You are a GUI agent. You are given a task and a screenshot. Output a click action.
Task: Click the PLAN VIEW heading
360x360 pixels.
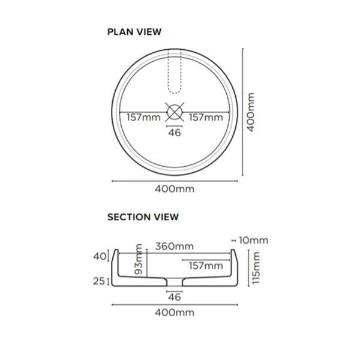tap(134, 32)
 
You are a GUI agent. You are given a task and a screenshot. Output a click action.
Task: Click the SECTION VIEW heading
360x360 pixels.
tap(143, 217)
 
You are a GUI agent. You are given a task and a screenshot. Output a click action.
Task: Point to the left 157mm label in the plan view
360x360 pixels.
tap(143, 118)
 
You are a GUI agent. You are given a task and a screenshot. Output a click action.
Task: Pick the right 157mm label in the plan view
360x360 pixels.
tap(205, 118)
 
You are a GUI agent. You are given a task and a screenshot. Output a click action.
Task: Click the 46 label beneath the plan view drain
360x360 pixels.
tap(174, 133)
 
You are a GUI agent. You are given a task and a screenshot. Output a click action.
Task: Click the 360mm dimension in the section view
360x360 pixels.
tap(174, 246)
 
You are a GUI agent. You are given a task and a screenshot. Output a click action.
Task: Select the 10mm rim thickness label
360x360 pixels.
tap(253, 240)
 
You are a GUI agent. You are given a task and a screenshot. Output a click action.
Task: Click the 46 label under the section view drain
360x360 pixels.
tap(174, 296)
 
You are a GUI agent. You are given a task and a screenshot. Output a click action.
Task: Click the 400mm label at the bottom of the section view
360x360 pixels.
tap(174, 313)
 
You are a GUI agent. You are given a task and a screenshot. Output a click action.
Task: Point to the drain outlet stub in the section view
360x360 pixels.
tap(174, 283)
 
